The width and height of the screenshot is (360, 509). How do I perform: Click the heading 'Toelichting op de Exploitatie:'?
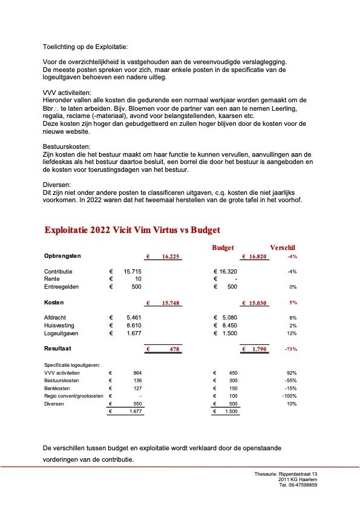click(x=85, y=47)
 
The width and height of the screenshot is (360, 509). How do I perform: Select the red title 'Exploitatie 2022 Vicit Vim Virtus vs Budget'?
click(x=133, y=230)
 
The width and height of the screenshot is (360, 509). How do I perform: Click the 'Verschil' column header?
click(x=283, y=248)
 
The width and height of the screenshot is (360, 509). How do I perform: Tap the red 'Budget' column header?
click(x=223, y=248)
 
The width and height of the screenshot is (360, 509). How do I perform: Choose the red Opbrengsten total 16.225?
click(x=171, y=257)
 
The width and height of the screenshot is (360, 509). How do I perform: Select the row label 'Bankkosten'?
click(x=57, y=388)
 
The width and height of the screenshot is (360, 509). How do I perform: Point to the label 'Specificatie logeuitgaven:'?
click(x=72, y=366)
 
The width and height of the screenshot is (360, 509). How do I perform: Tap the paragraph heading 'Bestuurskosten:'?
click(x=67, y=147)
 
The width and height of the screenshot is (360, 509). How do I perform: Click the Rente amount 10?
click(x=137, y=279)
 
